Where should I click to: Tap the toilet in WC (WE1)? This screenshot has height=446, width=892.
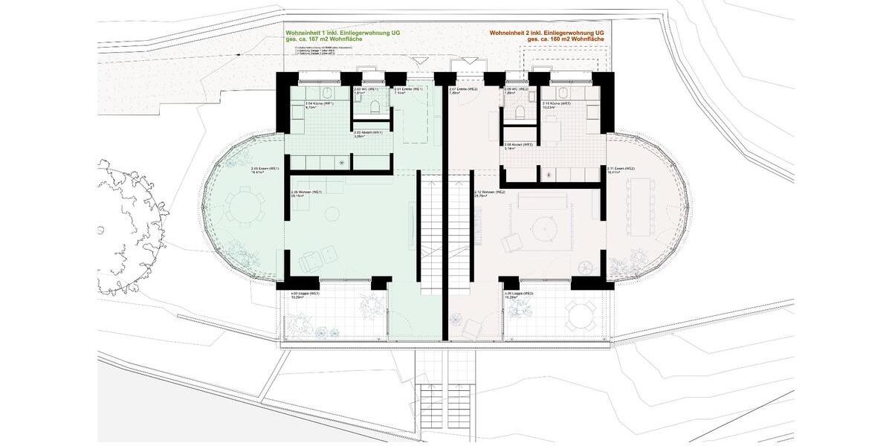pyautogui.click(x=373, y=109)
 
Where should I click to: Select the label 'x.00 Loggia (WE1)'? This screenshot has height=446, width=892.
pyautogui.click(x=305, y=294)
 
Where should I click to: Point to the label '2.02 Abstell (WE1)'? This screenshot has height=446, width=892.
pyautogui.click(x=368, y=135)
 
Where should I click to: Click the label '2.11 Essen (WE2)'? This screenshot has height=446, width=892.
pyautogui.click(x=621, y=170)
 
